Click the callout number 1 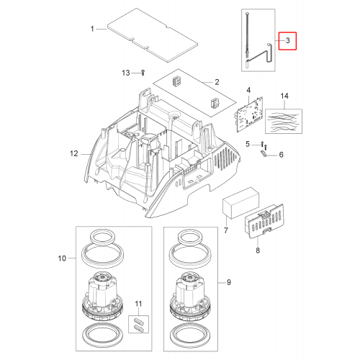tap(92, 29)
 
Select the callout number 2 tap(217, 82)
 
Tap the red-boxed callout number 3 tap(288, 40)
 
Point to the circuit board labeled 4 tap(249, 114)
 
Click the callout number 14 tap(284, 96)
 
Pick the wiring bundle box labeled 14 tap(284, 122)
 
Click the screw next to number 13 tap(143, 73)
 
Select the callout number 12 tap(74, 153)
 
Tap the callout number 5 tap(248, 144)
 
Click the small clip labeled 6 tap(264, 153)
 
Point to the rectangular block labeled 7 tap(241, 203)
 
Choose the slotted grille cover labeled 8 tap(264, 221)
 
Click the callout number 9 tap(229, 282)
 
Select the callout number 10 tap(62, 258)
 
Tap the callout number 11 tap(138, 304)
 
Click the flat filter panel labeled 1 tap(153, 35)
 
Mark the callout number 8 tap(258, 251)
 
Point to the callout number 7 tap(226, 230)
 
